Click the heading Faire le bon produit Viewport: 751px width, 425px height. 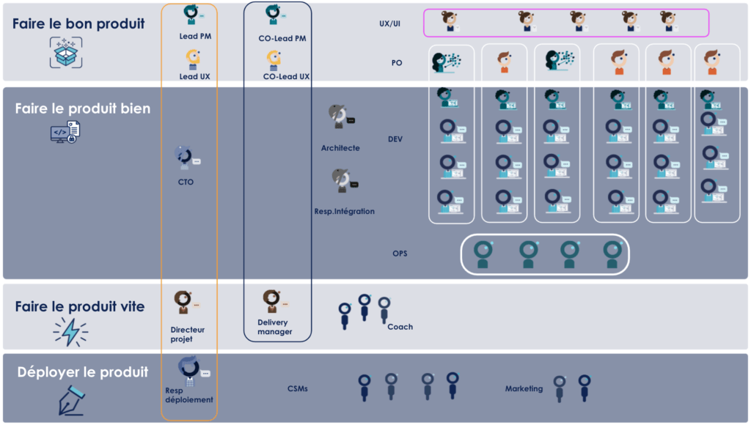tap(78, 23)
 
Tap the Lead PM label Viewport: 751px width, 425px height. tap(195, 36)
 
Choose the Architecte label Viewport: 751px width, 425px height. tap(340, 148)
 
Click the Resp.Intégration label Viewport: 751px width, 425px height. tap(344, 212)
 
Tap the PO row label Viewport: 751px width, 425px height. tap(397, 63)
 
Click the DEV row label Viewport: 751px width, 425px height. tap(395, 139)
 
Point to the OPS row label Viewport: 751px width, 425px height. tap(399, 254)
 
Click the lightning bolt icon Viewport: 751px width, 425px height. tap(70, 332)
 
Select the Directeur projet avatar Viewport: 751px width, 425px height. tap(183, 303)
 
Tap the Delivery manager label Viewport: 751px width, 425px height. tap(274, 328)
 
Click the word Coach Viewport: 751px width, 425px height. tap(400, 327)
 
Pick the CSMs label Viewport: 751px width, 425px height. tap(298, 389)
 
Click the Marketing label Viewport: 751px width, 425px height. tap(524, 389)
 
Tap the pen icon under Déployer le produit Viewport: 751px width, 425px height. tap(72, 400)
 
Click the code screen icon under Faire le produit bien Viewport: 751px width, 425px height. tap(65, 132)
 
